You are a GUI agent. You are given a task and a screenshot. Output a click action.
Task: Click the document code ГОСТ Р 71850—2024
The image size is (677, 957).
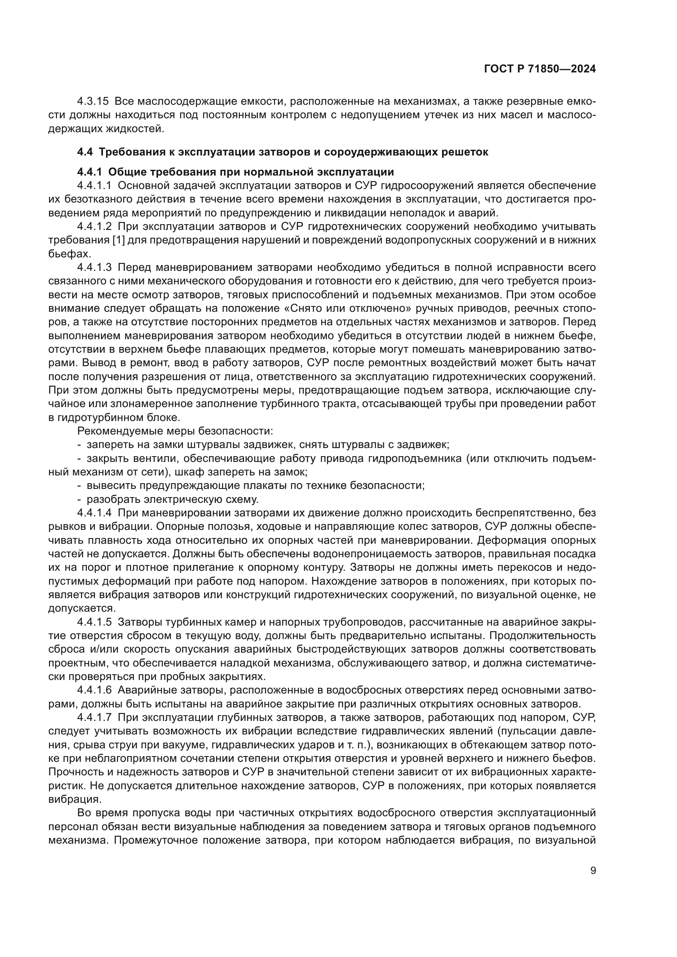(x=540, y=69)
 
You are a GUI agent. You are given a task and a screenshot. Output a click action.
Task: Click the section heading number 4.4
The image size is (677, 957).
(x=85, y=152)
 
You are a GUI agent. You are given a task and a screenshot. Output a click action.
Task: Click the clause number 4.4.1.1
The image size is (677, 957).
(x=95, y=185)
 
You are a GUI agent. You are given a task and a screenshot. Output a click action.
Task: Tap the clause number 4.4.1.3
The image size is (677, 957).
(x=95, y=267)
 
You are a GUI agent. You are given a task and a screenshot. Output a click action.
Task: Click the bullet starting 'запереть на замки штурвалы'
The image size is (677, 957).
(x=267, y=444)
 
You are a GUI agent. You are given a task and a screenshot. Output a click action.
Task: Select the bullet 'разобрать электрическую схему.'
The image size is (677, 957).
(x=173, y=499)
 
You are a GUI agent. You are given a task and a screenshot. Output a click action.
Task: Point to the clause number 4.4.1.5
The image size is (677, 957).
(x=95, y=622)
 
